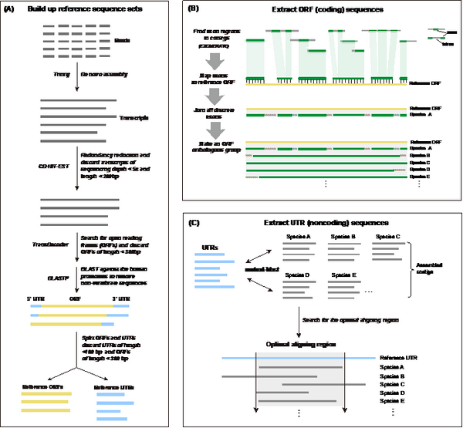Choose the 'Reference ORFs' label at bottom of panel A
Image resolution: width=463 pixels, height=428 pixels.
click(x=42, y=387)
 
